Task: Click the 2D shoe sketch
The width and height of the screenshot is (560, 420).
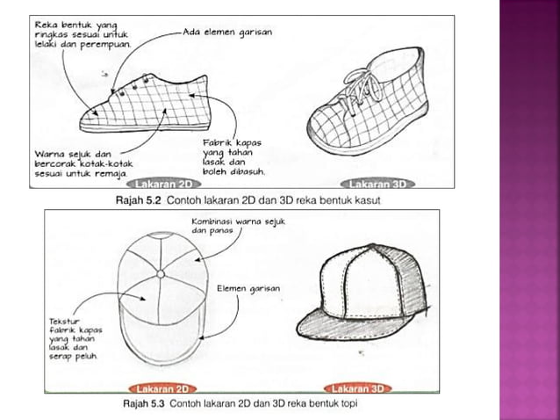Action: tap(149, 105)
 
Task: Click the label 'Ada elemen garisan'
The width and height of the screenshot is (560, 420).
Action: tap(227, 33)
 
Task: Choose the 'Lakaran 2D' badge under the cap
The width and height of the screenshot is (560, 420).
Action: tap(162, 387)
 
